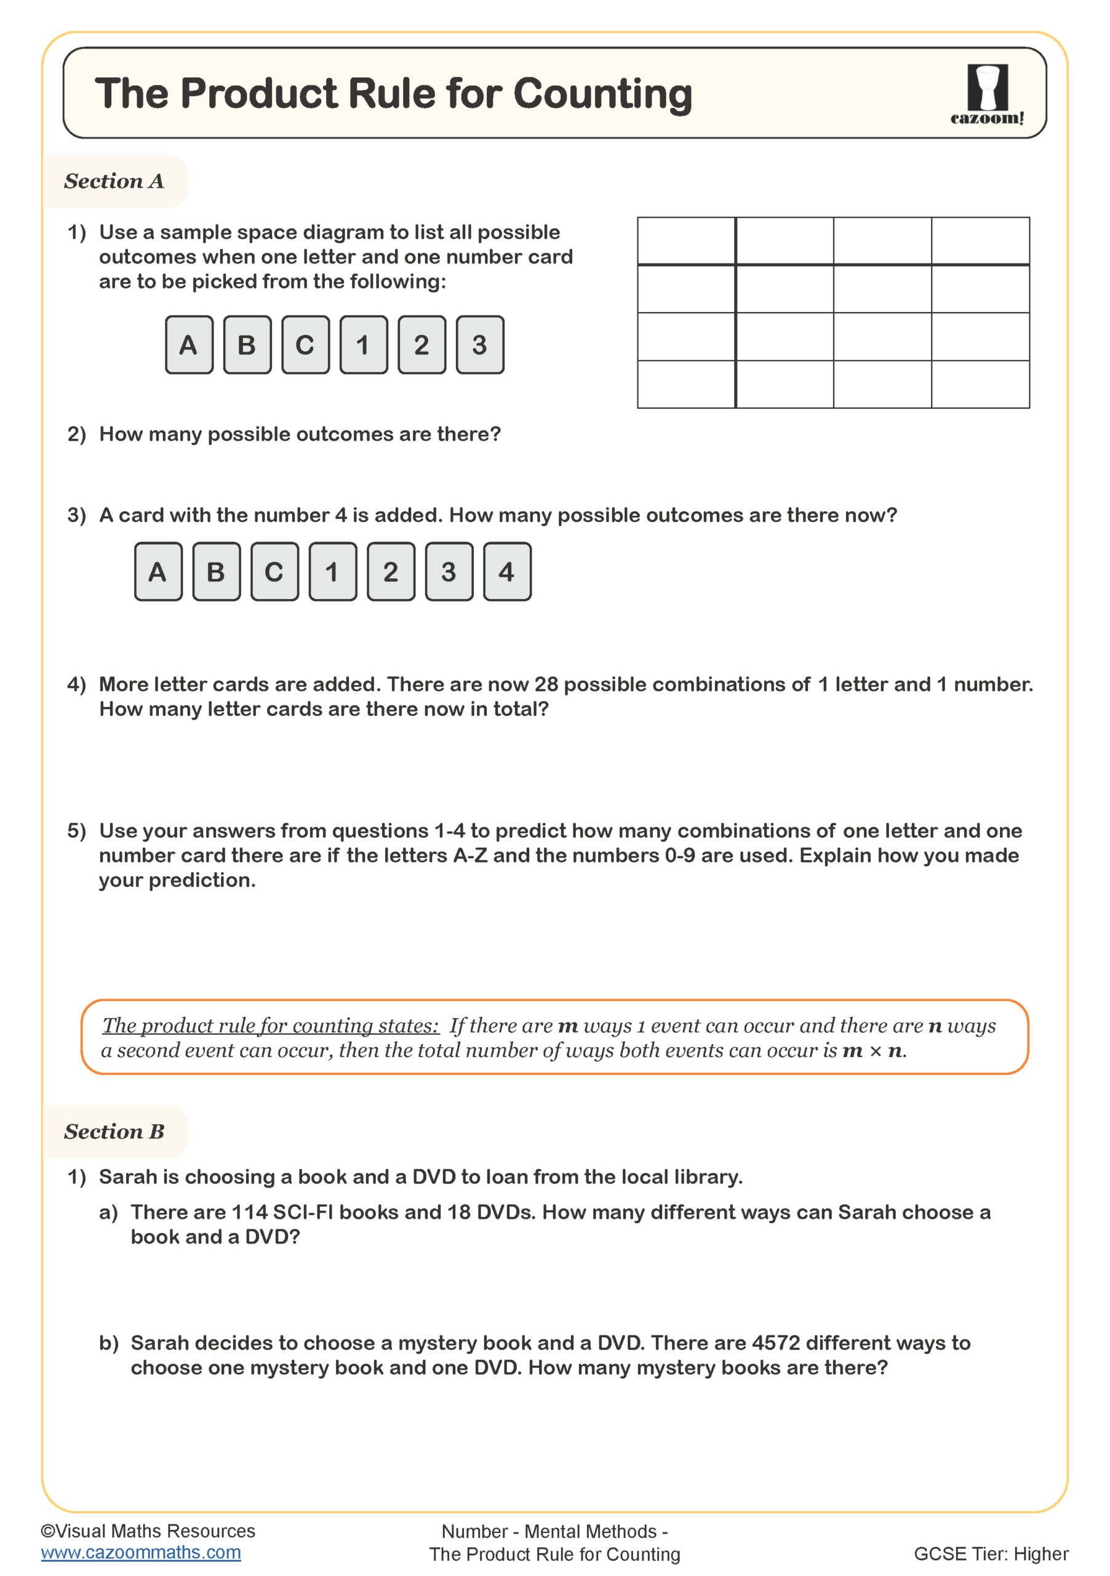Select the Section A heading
114,181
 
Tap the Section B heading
114,1131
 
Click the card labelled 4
506,572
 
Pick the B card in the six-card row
247,345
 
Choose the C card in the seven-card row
274,572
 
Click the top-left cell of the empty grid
685,241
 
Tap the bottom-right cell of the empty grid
980,384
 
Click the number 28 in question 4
546,685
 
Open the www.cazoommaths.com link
141,1552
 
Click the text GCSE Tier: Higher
990,1554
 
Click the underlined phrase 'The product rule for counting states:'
270,1026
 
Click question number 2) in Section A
76,434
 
